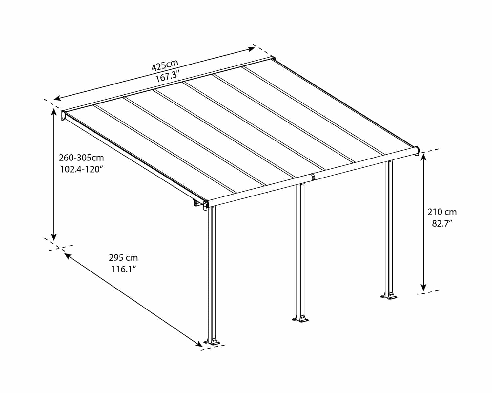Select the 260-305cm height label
point(81,158)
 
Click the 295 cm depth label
point(123,257)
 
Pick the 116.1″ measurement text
point(123,270)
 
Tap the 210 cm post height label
point(442,212)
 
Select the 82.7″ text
point(442,224)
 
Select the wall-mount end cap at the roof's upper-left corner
point(63,115)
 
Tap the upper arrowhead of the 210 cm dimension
point(424,158)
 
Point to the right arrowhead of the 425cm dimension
point(252,49)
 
